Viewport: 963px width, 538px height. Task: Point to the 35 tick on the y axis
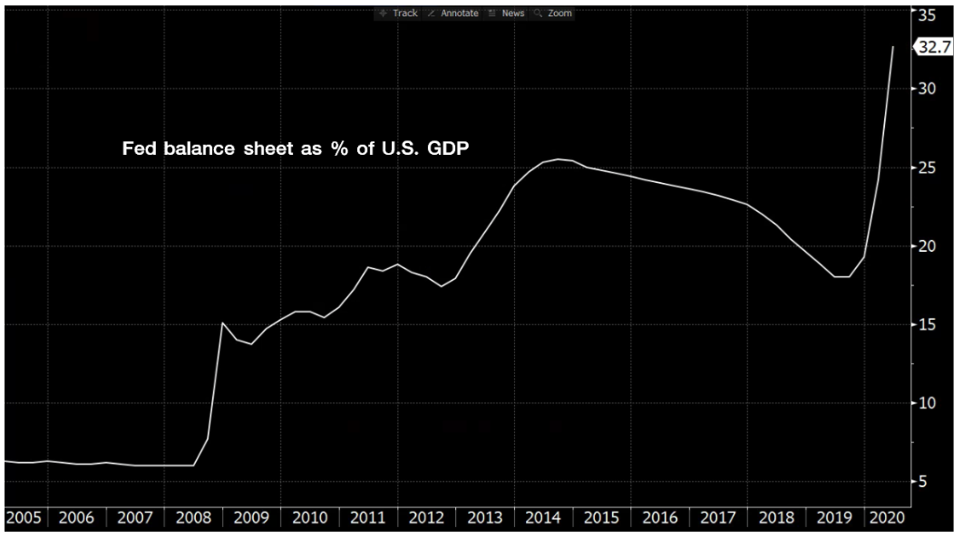pos(927,14)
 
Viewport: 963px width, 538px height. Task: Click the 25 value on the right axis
pos(927,168)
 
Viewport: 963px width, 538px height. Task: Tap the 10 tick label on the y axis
pos(927,403)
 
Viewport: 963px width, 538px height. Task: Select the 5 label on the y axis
pos(923,482)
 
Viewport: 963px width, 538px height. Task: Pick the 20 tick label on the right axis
pos(927,246)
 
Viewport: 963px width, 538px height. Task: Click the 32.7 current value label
pos(934,48)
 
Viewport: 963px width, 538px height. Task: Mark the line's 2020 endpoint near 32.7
pos(893,46)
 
